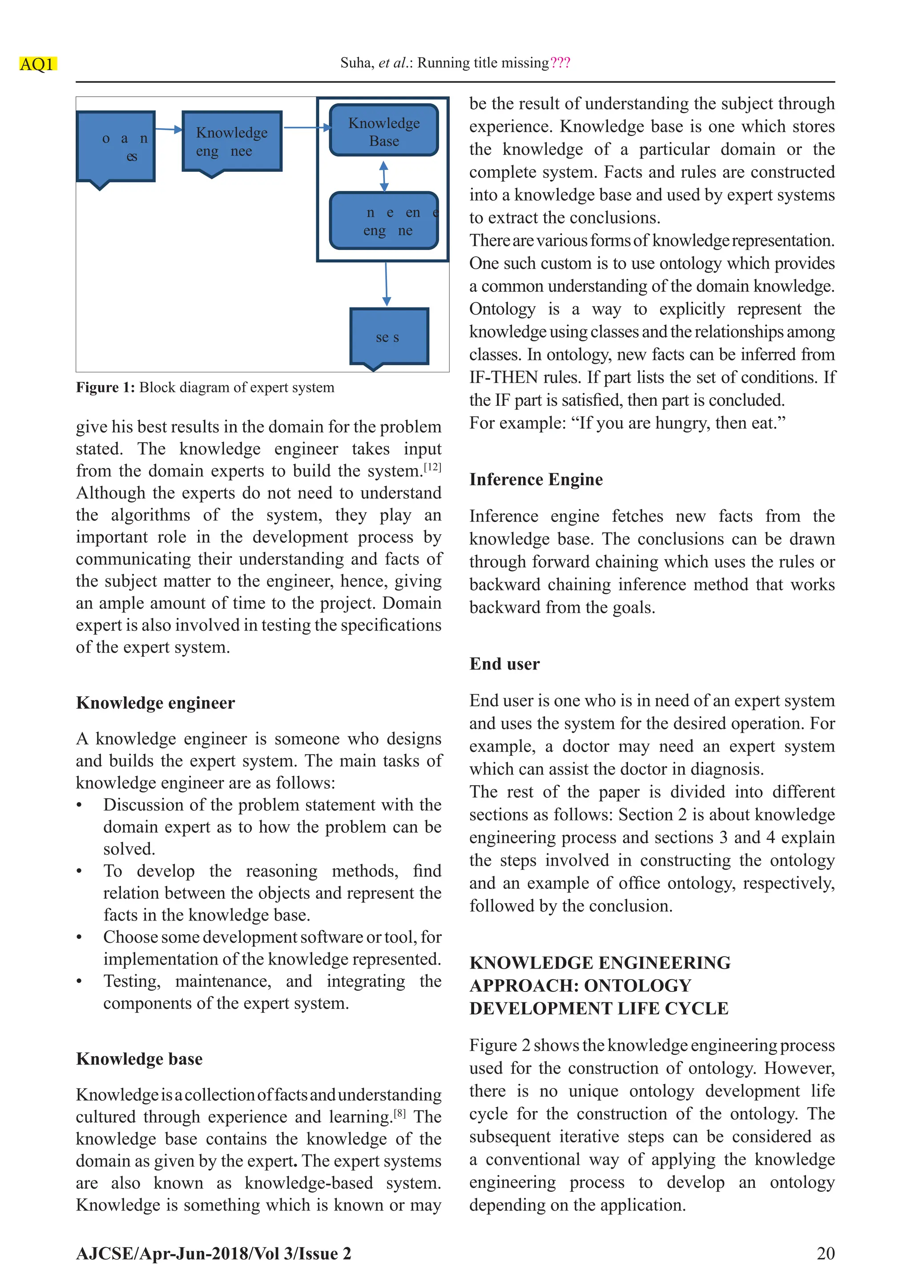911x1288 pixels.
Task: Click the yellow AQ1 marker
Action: pyautogui.click(x=37, y=64)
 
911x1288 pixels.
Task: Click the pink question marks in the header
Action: pyautogui.click(x=560, y=62)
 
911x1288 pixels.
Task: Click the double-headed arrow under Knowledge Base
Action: pyautogui.click(x=384, y=176)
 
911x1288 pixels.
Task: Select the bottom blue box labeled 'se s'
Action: pyautogui.click(x=389, y=337)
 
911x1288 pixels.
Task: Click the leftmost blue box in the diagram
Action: pyautogui.click(x=116, y=146)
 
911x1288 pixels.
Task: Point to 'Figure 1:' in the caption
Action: pyautogui.click(x=105, y=388)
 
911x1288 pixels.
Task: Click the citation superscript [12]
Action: pyautogui.click(x=432, y=466)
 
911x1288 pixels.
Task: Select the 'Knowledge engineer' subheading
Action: pyautogui.click(x=155, y=703)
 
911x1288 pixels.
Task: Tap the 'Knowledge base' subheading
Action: pyautogui.click(x=139, y=1058)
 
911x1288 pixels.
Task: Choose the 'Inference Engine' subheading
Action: pyautogui.click(x=536, y=480)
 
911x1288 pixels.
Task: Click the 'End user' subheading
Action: pyautogui.click(x=504, y=664)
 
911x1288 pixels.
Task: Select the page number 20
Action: pyautogui.click(x=825, y=1253)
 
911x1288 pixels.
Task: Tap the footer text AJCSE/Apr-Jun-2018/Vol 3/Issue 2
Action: pyautogui.click(x=213, y=1254)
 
